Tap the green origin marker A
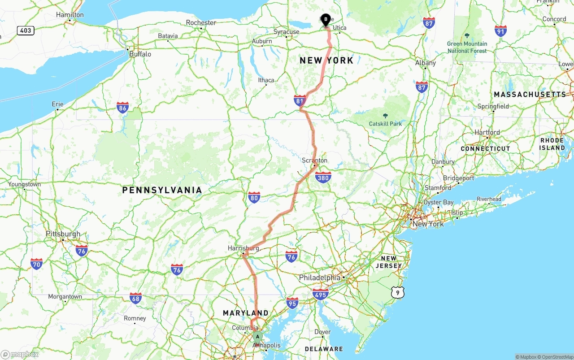click(257, 337)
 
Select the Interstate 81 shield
click(300, 100)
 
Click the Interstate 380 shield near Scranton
click(323, 177)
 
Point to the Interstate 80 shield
click(254, 197)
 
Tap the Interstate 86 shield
click(122, 107)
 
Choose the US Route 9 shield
click(397, 292)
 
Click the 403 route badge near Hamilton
click(26, 30)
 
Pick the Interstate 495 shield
click(321, 294)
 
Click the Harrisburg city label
click(244, 248)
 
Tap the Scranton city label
click(315, 160)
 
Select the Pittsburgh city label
click(63, 234)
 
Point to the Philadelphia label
click(320, 278)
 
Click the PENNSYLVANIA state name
click(162, 190)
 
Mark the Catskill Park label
click(385, 123)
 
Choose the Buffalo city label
click(140, 54)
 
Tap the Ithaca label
click(266, 80)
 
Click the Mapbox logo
click(20, 354)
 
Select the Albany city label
click(426, 63)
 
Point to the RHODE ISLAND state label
click(552, 144)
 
